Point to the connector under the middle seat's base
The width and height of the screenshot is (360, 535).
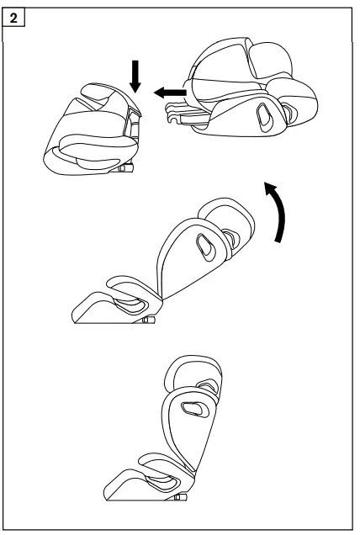tap(148, 320)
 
